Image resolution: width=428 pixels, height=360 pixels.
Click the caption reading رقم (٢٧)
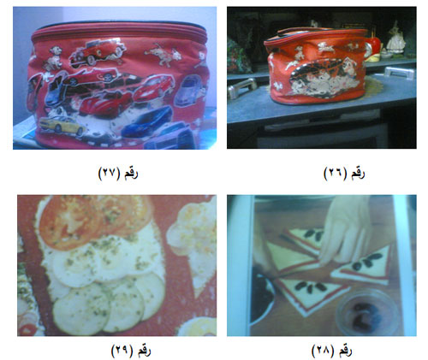pos(118,173)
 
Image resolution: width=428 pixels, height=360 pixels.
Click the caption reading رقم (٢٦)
pos(344,173)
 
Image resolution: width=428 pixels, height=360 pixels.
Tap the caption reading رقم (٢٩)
pos(131,351)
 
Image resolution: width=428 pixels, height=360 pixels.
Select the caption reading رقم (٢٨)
pos(331,351)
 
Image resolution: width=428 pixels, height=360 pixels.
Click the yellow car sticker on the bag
pos(62,126)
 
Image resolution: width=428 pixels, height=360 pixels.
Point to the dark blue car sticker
pos(147,121)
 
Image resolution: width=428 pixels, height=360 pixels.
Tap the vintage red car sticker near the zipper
pos(97,52)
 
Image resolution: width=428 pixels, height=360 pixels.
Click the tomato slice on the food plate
pos(71,221)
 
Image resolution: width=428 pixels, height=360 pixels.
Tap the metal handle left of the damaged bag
pos(242,88)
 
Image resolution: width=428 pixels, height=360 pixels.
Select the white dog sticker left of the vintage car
pos(53,58)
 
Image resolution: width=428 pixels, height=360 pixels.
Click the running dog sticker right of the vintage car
pos(163,53)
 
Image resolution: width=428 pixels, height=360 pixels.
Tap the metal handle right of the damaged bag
pos(399,72)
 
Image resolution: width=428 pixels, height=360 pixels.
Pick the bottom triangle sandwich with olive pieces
pos(310,295)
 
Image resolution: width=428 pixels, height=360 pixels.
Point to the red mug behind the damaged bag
pos(372,47)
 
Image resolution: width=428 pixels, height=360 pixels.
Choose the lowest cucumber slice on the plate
pos(81,310)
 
